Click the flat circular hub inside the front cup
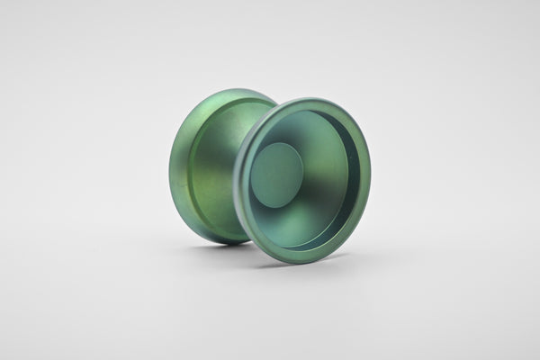[277, 175]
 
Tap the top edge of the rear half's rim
[225, 91]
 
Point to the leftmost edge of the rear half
[170, 167]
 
